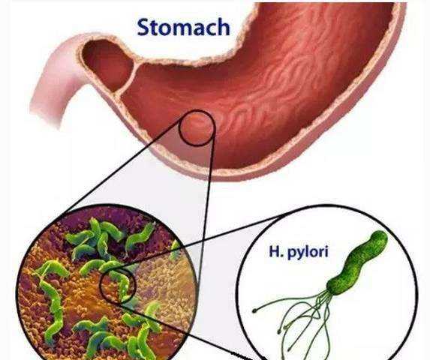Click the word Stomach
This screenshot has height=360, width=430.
(183, 28)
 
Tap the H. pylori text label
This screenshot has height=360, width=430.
(299, 252)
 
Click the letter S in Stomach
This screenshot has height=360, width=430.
(143, 28)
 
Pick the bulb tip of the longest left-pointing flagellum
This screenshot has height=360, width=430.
(254, 310)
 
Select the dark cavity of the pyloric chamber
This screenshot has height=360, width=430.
(107, 64)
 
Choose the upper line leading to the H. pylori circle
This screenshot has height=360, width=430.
(202, 241)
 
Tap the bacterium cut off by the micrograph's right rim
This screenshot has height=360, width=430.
(176, 249)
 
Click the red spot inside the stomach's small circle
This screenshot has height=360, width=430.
(197, 127)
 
